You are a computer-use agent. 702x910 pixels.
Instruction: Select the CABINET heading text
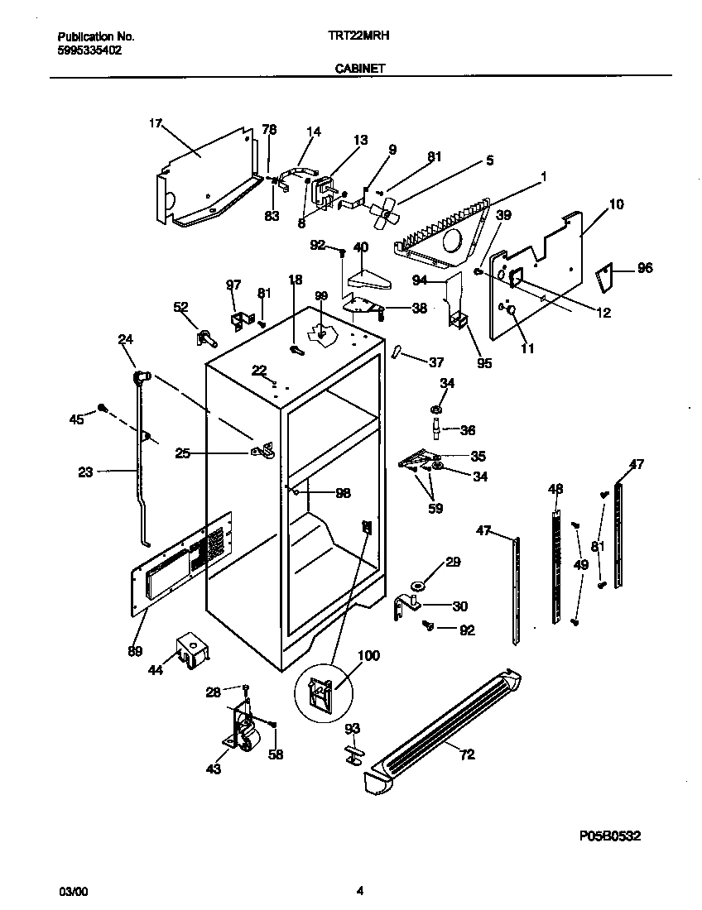(x=359, y=70)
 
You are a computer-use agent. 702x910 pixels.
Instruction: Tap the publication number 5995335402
(x=90, y=50)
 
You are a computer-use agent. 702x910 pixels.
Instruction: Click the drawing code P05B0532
(x=608, y=836)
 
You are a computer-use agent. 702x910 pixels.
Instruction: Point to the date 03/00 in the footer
(x=72, y=891)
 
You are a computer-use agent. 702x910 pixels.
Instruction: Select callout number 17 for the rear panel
(x=155, y=124)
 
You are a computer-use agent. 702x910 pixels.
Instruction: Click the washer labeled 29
(x=416, y=587)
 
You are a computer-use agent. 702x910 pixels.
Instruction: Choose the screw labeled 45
(x=103, y=407)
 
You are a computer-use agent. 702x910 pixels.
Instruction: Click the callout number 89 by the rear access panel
(x=134, y=651)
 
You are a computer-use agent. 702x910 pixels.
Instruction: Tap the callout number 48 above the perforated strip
(x=554, y=489)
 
